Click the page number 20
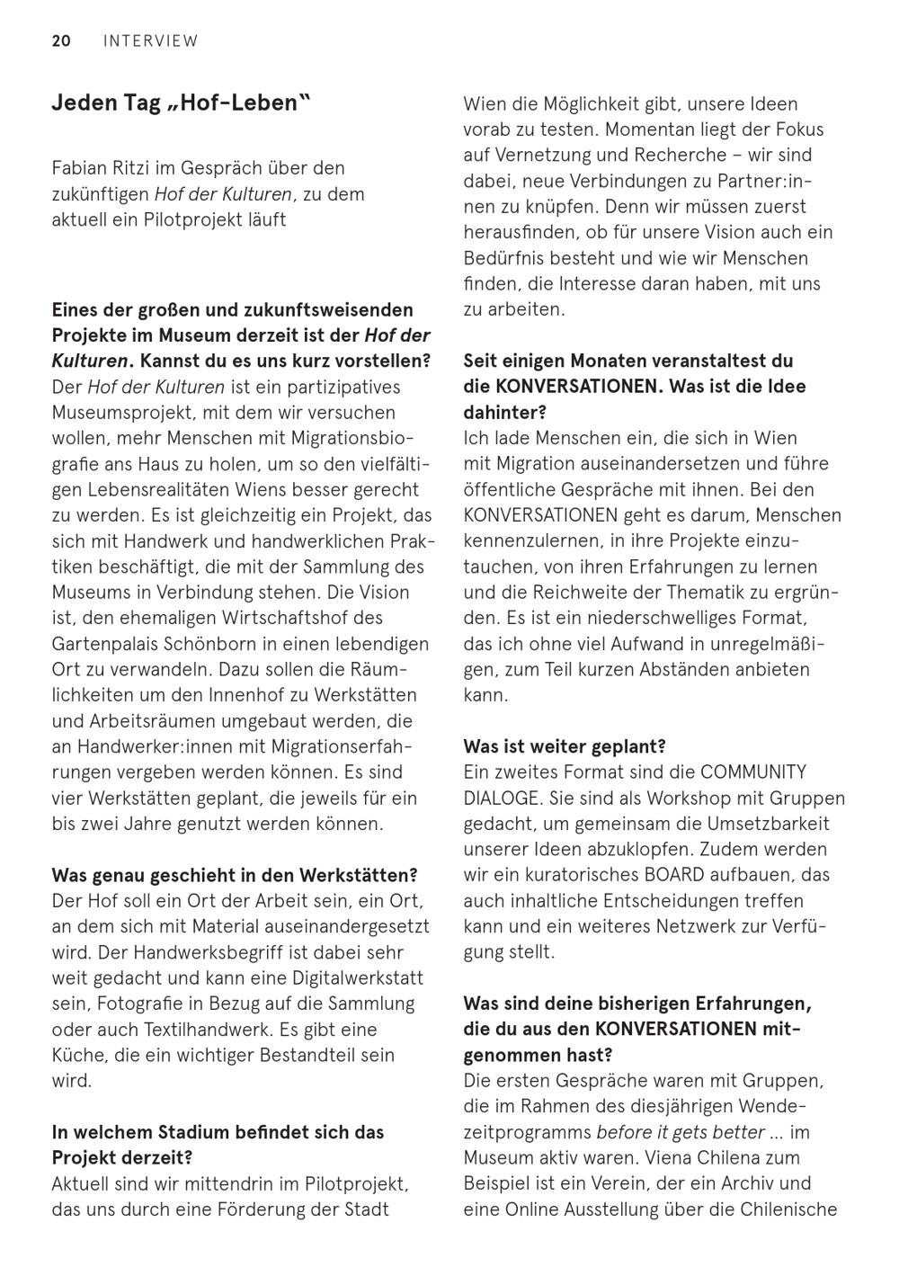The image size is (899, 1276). coord(61,40)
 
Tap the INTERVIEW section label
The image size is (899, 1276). coord(150,40)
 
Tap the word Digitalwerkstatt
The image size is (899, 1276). coord(351,977)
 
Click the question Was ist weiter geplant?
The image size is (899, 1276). coord(565,746)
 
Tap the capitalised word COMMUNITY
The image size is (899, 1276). coord(753,772)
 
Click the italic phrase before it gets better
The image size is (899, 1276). coord(681,1132)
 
